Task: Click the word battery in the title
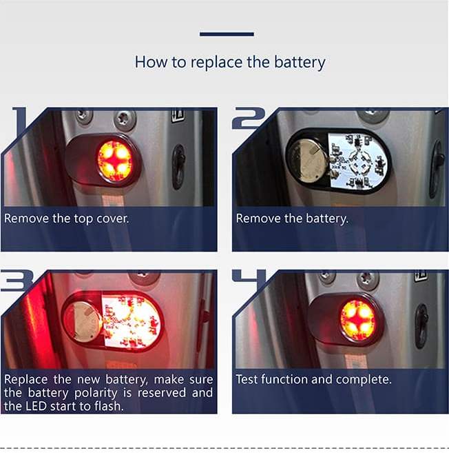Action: point(300,62)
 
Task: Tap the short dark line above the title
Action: point(227,34)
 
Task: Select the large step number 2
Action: point(249,118)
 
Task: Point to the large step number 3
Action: point(17,281)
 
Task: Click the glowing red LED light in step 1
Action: point(116,161)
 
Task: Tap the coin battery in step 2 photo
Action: point(307,160)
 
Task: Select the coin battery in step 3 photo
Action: point(83,321)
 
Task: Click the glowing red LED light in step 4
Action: point(358,321)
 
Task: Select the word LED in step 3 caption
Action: point(36,406)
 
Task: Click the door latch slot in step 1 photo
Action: point(179,167)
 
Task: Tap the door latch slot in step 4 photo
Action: point(421,326)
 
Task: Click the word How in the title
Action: point(151,62)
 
